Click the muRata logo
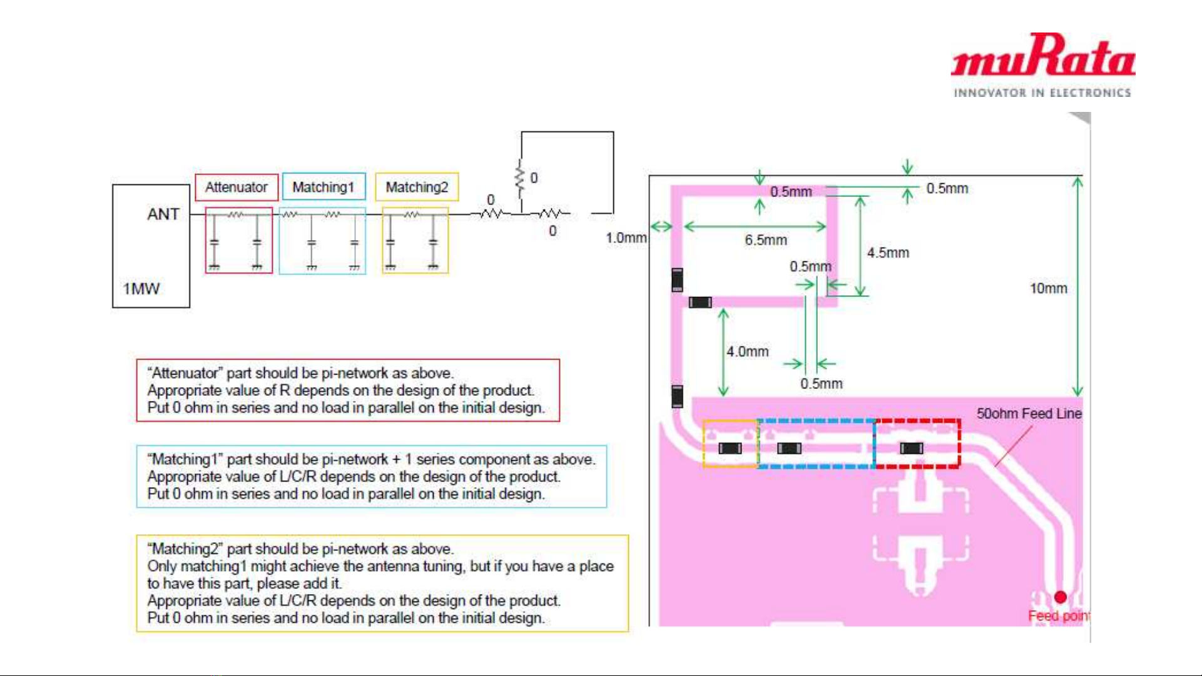coord(1043,56)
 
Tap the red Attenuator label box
coord(237,187)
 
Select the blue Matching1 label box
coord(323,187)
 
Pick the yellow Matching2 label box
coord(417,187)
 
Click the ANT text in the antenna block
coord(163,214)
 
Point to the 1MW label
coord(141,289)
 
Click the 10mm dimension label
coord(1048,288)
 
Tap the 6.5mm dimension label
coord(765,240)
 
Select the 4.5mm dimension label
coord(888,253)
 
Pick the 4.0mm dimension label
coord(747,351)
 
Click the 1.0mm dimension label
coord(626,238)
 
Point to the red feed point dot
coord(1060,597)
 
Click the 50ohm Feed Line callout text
coord(1029,413)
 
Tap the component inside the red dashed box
coord(911,448)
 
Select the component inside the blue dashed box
coord(789,448)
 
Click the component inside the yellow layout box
coord(730,448)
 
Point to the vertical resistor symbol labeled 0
coord(520,178)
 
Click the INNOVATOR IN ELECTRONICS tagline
coord(1042,93)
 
